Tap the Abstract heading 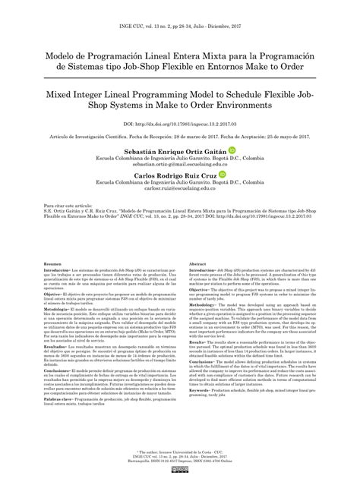[x=197, y=263]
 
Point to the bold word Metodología [x=59, y=310]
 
